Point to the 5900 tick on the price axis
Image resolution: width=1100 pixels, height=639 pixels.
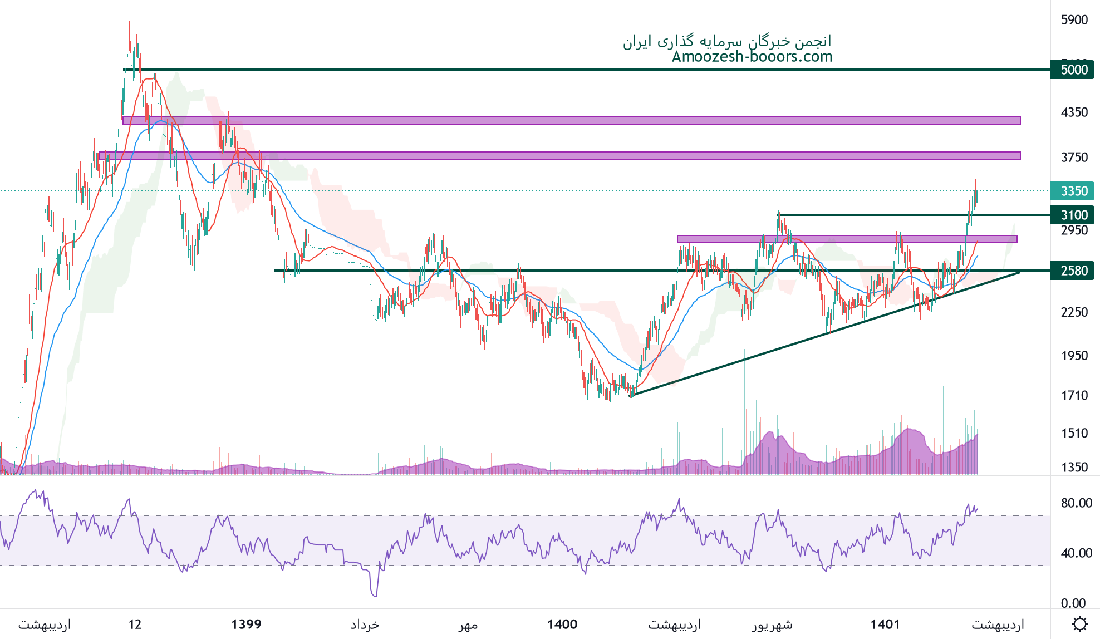pos(1074,20)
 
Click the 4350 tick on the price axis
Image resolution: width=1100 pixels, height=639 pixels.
pos(1074,112)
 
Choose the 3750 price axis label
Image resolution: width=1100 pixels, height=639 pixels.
pos(1074,158)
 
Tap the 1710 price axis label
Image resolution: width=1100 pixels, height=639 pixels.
pos(1074,396)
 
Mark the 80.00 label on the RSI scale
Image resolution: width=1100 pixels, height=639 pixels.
pos(1076,503)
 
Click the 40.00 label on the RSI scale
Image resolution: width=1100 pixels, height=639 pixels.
pos(1076,553)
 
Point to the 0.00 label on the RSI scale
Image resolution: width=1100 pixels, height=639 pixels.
pos(1073,603)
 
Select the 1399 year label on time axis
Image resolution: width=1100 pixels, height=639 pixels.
pos(246,625)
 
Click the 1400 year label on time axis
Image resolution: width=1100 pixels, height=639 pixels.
pos(562,625)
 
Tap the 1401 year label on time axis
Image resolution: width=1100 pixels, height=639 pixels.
pos(885,625)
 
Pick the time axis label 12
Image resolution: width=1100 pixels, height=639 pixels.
pos(135,625)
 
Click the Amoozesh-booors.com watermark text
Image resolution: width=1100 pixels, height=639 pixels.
pos(752,57)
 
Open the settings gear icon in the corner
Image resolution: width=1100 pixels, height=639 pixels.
pos(1079,624)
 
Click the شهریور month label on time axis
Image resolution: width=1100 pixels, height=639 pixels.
pos(772,625)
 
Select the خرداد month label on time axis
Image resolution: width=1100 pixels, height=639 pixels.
pos(365,625)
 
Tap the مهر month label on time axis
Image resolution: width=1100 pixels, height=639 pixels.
pos(468,625)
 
